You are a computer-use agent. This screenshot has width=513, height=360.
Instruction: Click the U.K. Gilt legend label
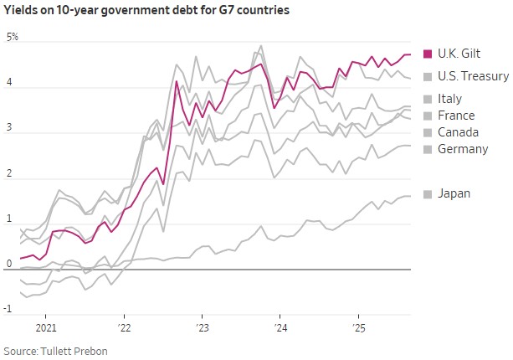[463, 54]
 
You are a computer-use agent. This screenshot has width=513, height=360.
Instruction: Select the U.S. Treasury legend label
[473, 76]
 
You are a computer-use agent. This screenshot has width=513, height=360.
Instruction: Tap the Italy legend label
[451, 99]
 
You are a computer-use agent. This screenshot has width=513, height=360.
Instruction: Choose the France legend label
[456, 116]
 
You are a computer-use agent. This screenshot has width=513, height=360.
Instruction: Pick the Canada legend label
[458, 132]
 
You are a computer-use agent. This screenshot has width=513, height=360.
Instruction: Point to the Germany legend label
[463, 149]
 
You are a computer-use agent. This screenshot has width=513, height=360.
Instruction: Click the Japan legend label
[454, 193]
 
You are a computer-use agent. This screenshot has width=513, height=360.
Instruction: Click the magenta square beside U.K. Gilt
[428, 54]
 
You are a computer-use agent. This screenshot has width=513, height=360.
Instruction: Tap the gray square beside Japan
[428, 193]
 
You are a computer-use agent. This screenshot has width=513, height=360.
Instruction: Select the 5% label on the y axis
[12, 38]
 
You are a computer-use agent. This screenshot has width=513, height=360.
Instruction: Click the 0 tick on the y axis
[8, 263]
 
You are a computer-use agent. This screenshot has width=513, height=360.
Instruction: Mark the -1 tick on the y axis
[8, 309]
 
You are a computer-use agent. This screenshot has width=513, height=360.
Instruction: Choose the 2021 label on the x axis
[46, 327]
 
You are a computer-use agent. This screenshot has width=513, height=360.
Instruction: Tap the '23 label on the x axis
[203, 327]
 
